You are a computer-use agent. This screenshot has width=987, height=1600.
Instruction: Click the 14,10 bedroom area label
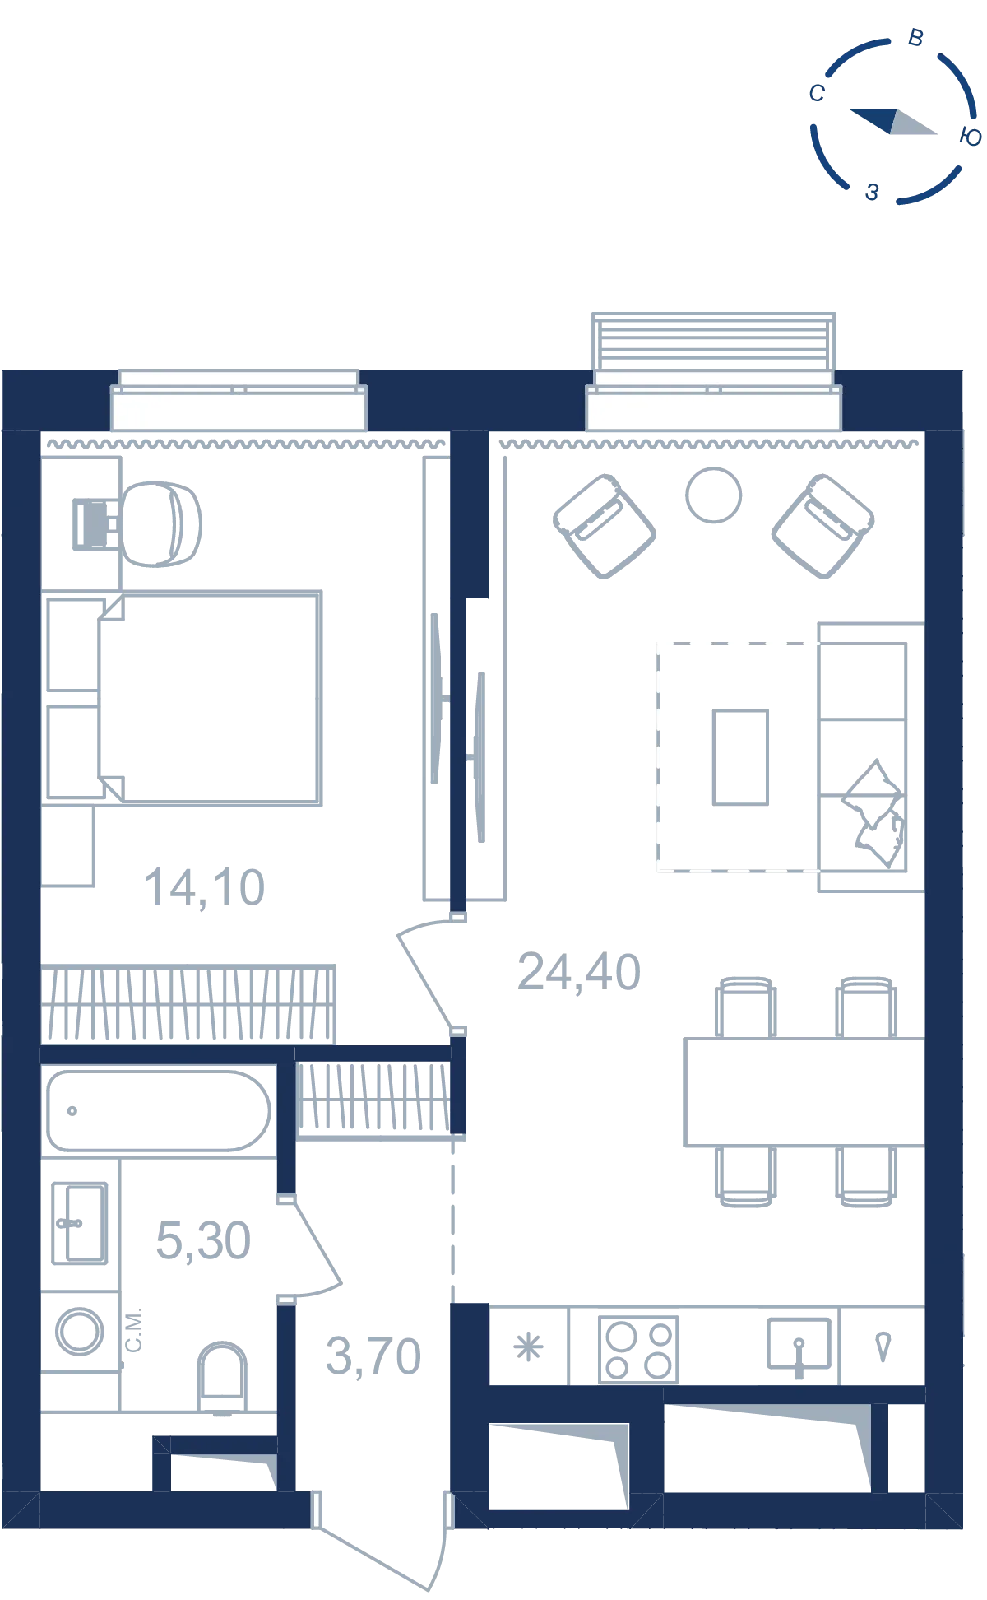click(x=205, y=888)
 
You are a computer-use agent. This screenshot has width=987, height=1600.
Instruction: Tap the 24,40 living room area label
click(x=579, y=972)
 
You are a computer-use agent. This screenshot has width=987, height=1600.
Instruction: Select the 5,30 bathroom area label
click(x=203, y=1240)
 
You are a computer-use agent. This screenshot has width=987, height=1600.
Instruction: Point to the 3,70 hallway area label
click(x=373, y=1356)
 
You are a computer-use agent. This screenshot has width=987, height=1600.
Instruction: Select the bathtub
click(x=159, y=1110)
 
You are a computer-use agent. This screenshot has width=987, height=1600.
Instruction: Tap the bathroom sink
click(x=80, y=1223)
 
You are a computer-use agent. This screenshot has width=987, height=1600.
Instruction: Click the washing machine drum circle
click(x=80, y=1331)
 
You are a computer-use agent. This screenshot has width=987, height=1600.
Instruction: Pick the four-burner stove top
click(x=638, y=1350)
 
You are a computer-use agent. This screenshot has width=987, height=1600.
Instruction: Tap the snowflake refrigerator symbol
click(x=528, y=1348)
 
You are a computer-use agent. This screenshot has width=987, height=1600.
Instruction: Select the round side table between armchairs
click(x=714, y=495)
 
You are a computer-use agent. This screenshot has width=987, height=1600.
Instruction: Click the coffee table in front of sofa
click(x=741, y=757)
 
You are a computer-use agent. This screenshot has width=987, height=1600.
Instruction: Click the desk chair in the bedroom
click(x=161, y=524)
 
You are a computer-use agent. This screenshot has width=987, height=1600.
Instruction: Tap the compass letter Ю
click(x=971, y=137)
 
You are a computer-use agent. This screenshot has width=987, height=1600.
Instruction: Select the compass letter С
click(x=817, y=93)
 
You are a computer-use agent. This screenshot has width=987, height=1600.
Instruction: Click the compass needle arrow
click(x=892, y=122)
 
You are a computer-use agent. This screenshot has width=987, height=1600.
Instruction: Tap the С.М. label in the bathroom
click(x=133, y=1329)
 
